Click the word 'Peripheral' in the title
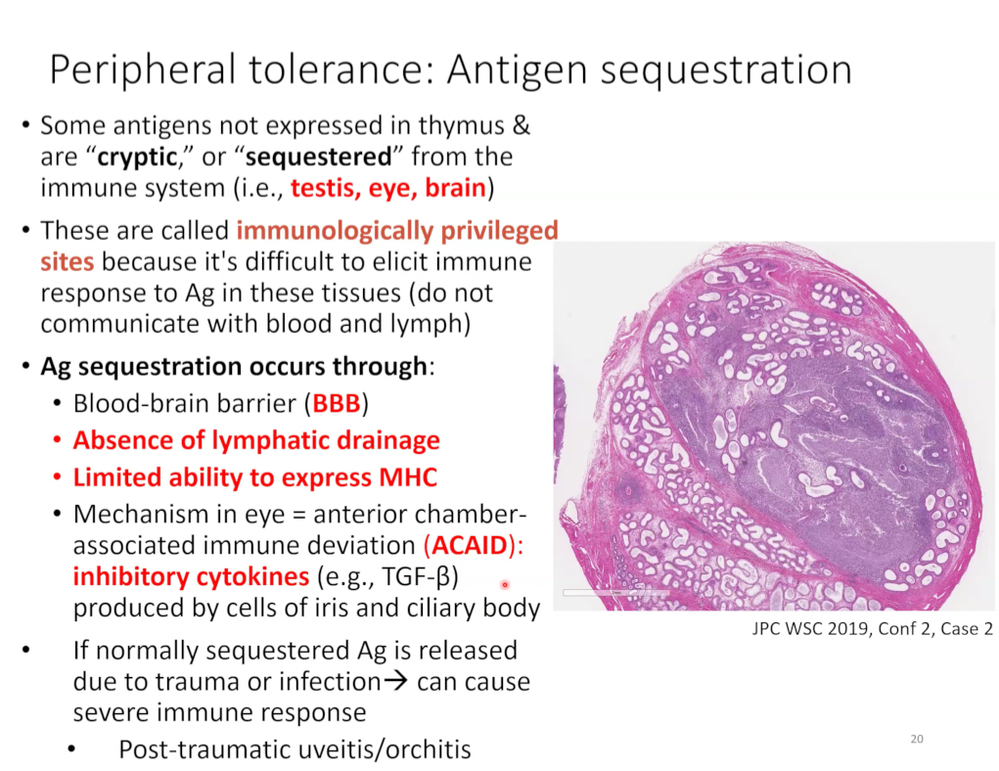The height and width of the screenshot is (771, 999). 143,70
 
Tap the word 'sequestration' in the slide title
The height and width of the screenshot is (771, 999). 726,70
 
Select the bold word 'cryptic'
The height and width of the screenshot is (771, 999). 137,158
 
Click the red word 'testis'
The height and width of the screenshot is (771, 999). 324,188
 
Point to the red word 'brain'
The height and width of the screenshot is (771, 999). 456,188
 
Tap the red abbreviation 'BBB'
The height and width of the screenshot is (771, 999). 337,403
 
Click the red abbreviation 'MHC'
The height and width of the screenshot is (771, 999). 408,477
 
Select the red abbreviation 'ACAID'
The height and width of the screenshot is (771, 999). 470,545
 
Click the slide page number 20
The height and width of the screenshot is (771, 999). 917,739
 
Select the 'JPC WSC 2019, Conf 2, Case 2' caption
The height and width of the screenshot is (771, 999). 872,629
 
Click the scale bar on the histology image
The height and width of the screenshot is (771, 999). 615,593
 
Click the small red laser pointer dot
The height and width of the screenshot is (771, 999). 505,584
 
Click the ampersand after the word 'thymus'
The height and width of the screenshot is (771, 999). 522,125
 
